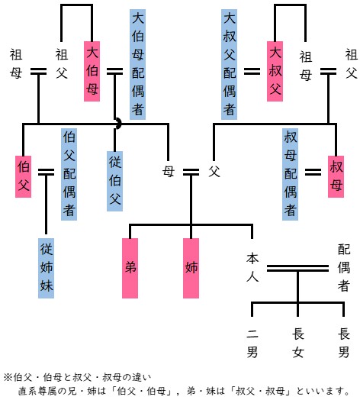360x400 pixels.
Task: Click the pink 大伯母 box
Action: pyautogui.click(x=92, y=71)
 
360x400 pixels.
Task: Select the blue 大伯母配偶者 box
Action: pyautogui.click(x=138, y=65)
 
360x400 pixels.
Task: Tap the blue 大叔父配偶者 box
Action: pyautogui.click(x=229, y=65)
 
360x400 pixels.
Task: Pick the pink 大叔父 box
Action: pyautogui.click(x=275, y=71)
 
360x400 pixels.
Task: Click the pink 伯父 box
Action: pyautogui.click(x=23, y=176)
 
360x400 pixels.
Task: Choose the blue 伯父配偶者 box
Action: pyautogui.click(x=69, y=174)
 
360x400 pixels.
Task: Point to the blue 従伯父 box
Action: pyautogui.click(x=114, y=181)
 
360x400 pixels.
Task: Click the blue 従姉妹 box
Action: pyautogui.click(x=47, y=268)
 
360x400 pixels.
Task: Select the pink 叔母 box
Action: pyautogui.click(x=336, y=176)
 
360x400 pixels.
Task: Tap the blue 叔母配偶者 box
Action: pyautogui.click(x=290, y=174)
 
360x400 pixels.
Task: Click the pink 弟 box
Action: pyautogui.click(x=130, y=268)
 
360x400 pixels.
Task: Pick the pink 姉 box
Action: pyautogui.click(x=191, y=268)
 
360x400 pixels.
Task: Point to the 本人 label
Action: pyautogui.click(x=252, y=267)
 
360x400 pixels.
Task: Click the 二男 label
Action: pyautogui.click(x=252, y=343)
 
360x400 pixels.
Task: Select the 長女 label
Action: pyautogui.click(x=297, y=343)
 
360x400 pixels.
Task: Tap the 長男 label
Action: pyautogui.click(x=344, y=343)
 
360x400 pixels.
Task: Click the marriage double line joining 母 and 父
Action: pyautogui.click(x=191, y=172)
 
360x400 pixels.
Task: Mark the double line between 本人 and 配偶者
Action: pyautogui.click(x=297, y=268)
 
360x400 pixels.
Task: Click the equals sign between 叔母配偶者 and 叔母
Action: pyautogui.click(x=313, y=172)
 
